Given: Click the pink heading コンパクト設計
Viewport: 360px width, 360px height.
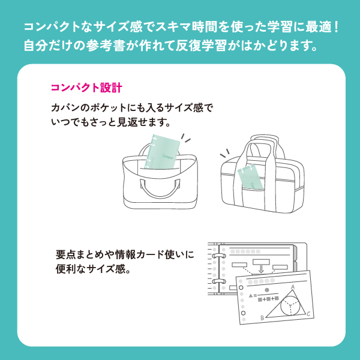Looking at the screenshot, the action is pos(86,88).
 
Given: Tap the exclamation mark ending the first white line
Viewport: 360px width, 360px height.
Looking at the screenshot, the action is pos(336,27).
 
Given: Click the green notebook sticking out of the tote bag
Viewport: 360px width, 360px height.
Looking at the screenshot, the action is pos(162,151).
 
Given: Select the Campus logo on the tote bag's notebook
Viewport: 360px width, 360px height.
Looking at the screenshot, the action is pos(168,157).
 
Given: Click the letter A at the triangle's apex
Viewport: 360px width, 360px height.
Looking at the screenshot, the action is pos(293,287).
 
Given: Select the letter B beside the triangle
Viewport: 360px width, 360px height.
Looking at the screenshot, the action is pos(262,318).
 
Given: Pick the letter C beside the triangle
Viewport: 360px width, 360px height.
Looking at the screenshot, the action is pos(308,314).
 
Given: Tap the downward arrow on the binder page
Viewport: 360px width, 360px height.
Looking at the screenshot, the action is pos(261,269).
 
